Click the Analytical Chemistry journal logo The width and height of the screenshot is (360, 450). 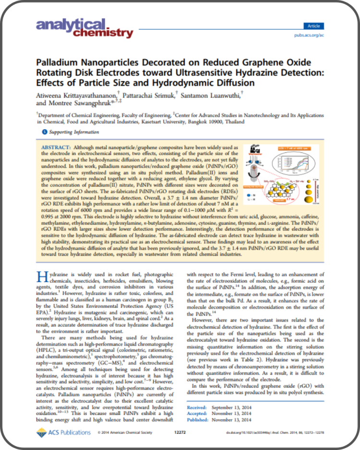pyautogui.click(x=84, y=28)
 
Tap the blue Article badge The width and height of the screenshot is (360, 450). pyautogui.click(x=314, y=26)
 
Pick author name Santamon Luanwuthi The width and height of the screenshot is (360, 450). pyautogui.click(x=213, y=95)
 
